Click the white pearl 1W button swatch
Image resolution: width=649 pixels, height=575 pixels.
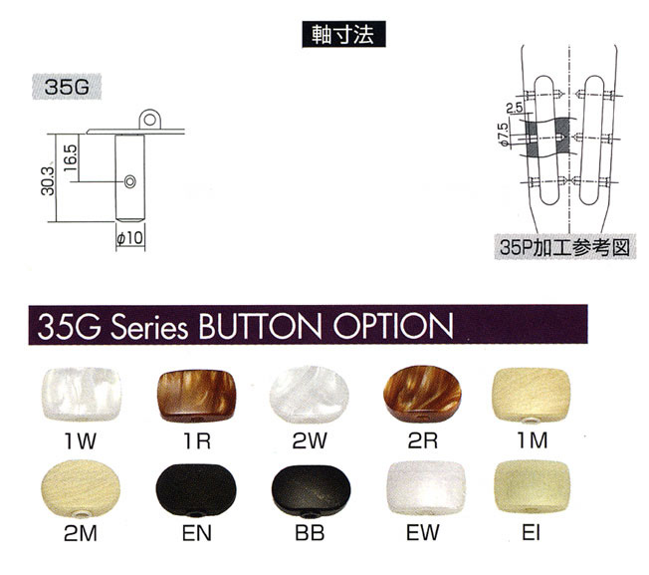tap(82, 394)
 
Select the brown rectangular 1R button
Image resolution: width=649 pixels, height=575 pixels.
tap(197, 396)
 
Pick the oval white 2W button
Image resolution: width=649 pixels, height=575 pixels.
tap(310, 394)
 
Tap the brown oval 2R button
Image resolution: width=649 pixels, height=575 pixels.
tap(422, 394)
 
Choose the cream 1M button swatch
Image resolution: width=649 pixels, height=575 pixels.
tap(532, 396)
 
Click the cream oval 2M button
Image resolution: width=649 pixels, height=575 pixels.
tap(82, 489)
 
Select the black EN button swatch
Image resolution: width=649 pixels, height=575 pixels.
tap(196, 490)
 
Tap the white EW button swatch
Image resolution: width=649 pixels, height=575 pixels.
tap(423, 487)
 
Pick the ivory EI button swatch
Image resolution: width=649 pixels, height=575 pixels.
tap(532, 487)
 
